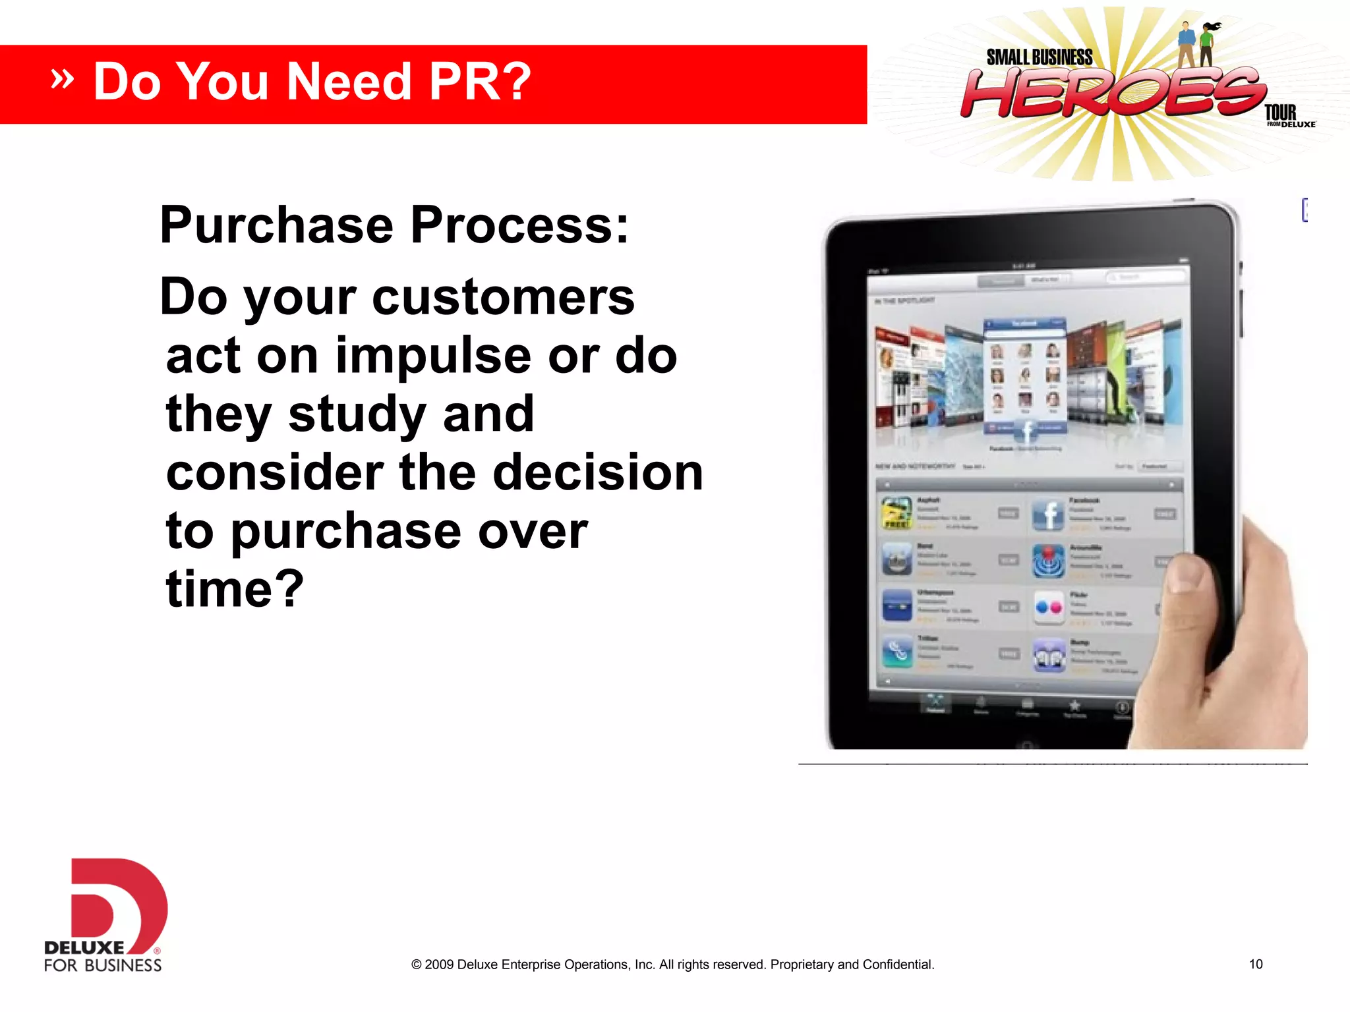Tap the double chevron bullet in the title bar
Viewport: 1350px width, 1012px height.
[62, 79]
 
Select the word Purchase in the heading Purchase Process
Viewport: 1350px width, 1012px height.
[277, 225]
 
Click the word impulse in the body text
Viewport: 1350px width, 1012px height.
[433, 356]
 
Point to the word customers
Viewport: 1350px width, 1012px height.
[503, 297]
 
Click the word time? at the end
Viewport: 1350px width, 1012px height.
[235, 588]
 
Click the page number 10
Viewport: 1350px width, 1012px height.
[1255, 965]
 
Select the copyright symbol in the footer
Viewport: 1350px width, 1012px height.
[416, 965]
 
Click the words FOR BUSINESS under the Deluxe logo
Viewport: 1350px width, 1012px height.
[103, 966]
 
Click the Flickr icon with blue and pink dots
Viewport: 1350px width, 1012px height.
[1048, 607]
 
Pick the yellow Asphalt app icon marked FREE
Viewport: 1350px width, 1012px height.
[897, 513]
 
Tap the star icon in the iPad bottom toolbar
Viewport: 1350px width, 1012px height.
[1074, 706]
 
